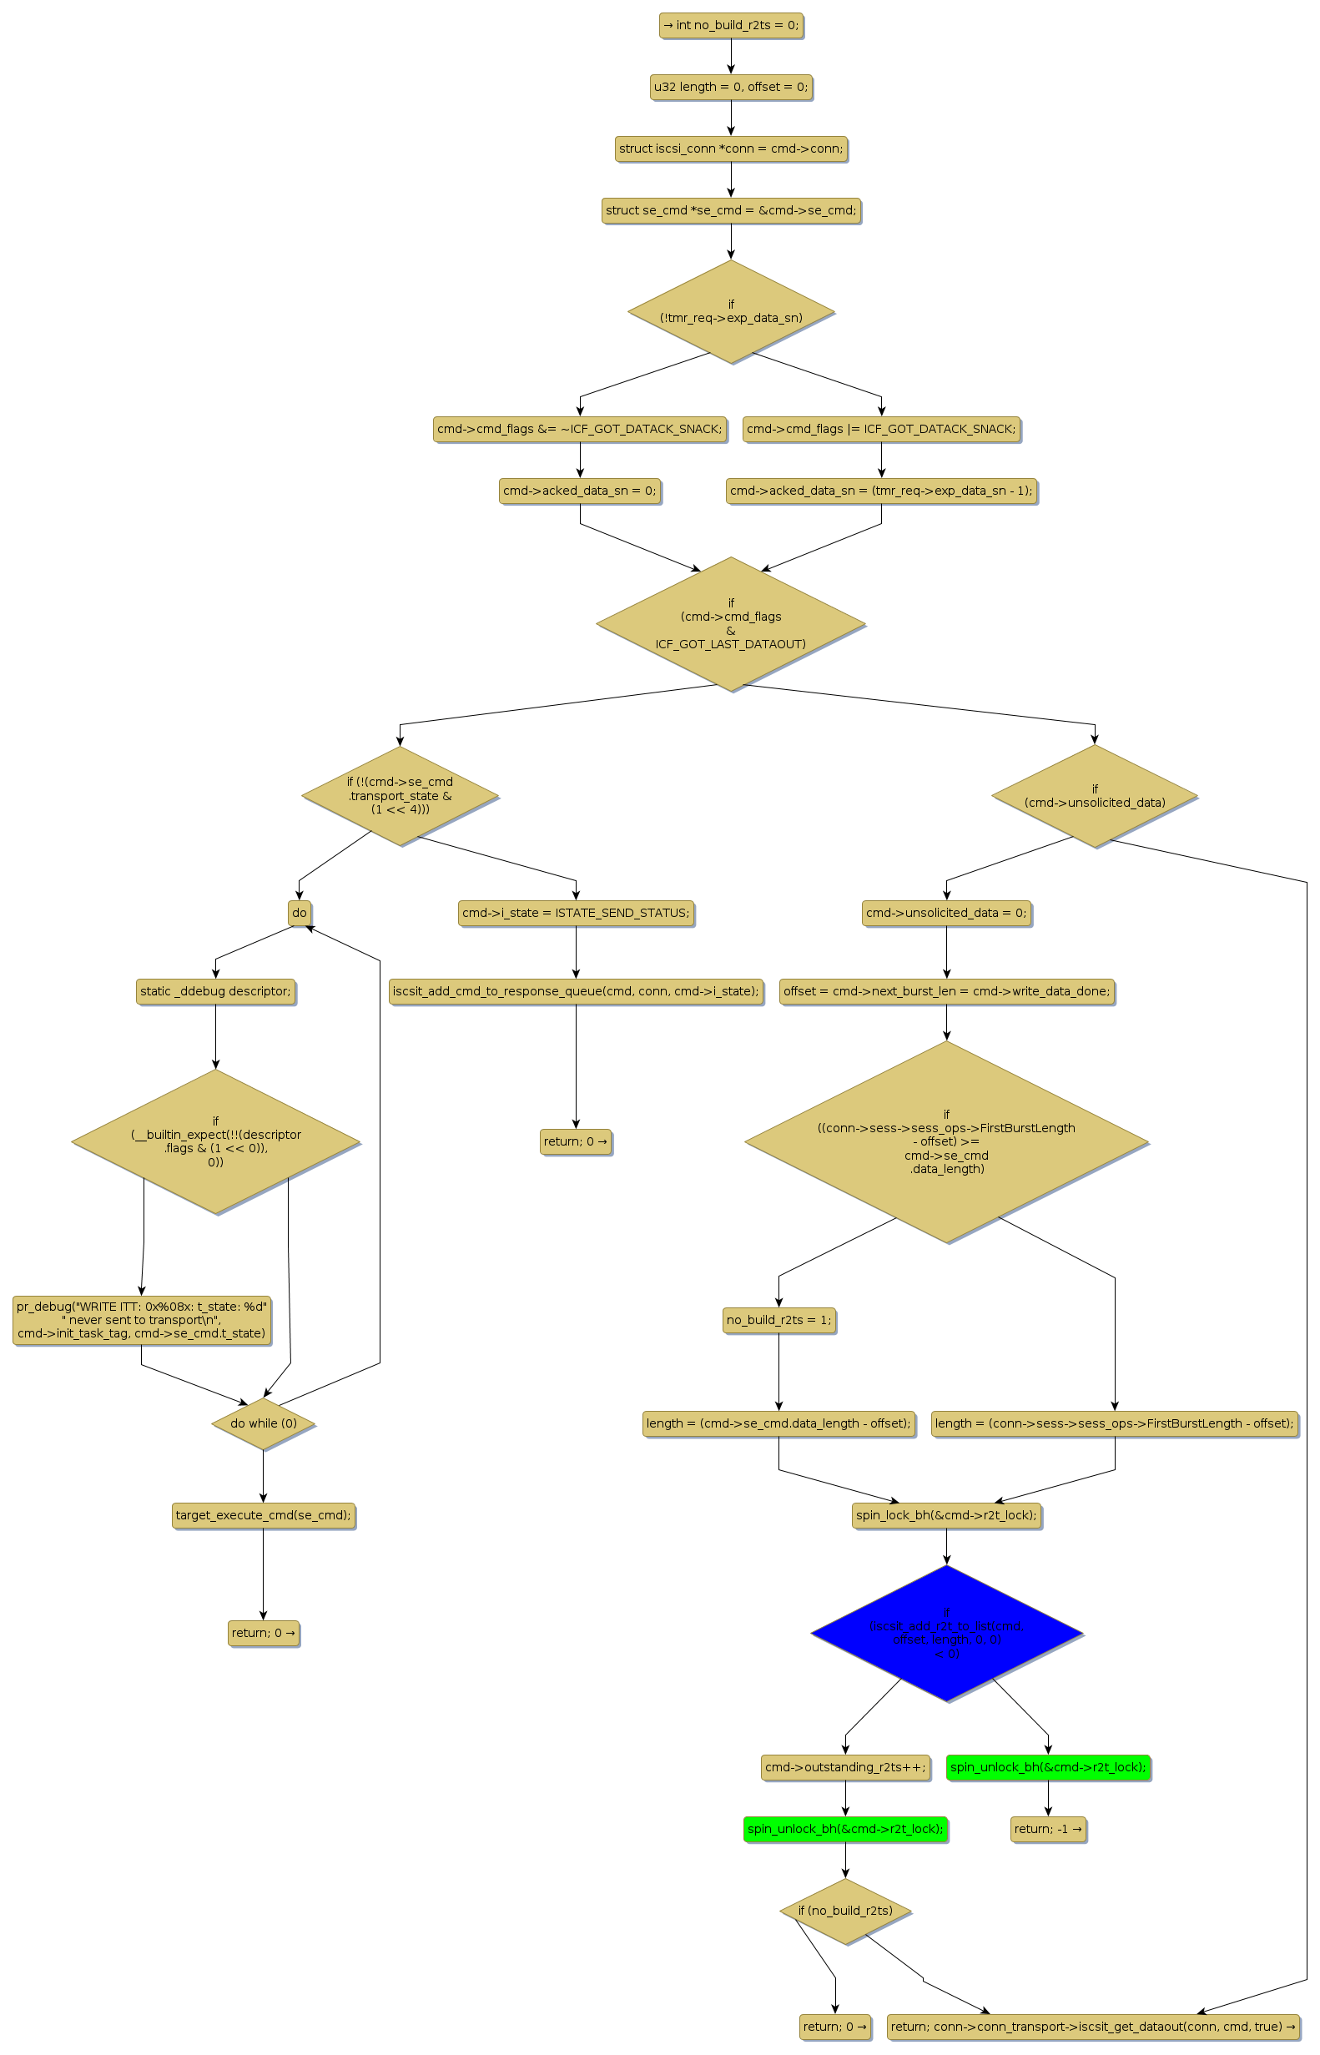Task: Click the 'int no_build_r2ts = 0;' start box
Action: (x=730, y=26)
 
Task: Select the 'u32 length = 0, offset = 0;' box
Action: (x=730, y=88)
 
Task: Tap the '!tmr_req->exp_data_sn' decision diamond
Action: (x=730, y=312)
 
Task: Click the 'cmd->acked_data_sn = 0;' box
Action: (x=579, y=491)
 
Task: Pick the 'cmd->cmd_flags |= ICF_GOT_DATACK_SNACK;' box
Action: (x=881, y=430)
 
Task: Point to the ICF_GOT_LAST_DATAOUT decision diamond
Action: (x=730, y=624)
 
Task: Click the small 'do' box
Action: (x=300, y=913)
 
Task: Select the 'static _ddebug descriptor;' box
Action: (x=215, y=991)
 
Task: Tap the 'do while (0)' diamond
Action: (x=263, y=1423)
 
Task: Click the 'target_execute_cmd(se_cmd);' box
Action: (x=263, y=1515)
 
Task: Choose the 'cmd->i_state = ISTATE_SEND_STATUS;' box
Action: (x=576, y=913)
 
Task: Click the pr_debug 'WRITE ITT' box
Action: (x=142, y=1320)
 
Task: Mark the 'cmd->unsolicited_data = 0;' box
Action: (x=946, y=913)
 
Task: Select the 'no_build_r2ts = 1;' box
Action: (x=778, y=1320)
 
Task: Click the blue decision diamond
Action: (x=946, y=1633)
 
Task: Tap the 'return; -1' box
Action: (x=1047, y=1829)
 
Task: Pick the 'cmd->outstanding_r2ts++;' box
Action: (x=845, y=1767)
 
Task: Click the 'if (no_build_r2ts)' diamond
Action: (x=845, y=1910)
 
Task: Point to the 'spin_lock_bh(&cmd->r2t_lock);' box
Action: (x=946, y=1515)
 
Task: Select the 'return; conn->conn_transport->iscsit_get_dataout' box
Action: (x=1094, y=2027)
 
